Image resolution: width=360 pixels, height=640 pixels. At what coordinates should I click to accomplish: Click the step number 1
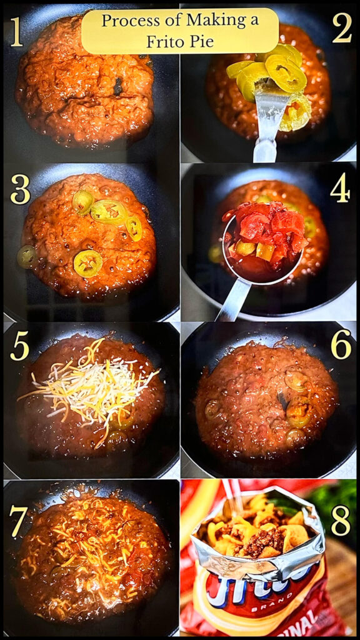pyautogui.click(x=16, y=32)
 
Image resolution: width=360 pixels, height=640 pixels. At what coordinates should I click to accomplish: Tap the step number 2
pyautogui.click(x=342, y=28)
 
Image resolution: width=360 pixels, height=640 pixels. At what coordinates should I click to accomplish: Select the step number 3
pyautogui.click(x=20, y=190)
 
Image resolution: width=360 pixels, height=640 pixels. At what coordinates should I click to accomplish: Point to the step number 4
pyautogui.click(x=340, y=188)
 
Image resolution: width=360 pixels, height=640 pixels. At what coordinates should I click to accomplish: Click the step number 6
pyautogui.click(x=341, y=344)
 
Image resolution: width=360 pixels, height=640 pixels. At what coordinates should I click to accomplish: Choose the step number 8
pyautogui.click(x=341, y=519)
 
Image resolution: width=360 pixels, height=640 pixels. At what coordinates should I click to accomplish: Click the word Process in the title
pyautogui.click(x=127, y=21)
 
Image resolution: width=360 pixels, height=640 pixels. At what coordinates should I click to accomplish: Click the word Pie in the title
pyautogui.click(x=201, y=41)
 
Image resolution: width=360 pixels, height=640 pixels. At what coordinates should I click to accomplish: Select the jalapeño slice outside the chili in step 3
pyautogui.click(x=26, y=256)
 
